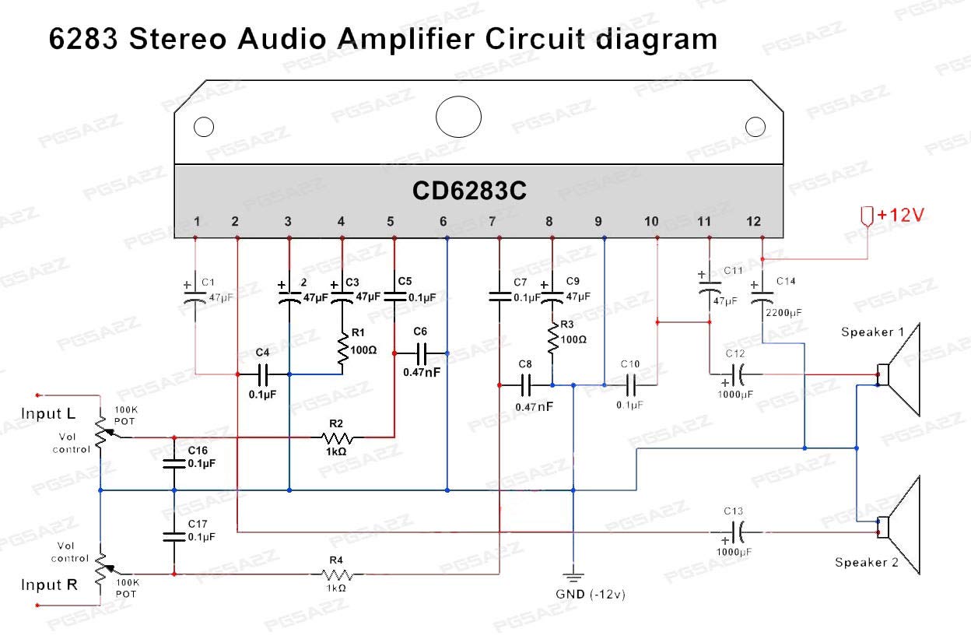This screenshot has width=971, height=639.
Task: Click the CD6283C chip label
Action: [469, 191]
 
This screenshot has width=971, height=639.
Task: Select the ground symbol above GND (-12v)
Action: [573, 577]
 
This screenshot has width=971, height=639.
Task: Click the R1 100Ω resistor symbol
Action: [342, 349]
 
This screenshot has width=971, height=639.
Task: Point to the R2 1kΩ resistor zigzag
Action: [336, 437]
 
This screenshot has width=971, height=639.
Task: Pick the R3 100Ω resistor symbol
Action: [552, 339]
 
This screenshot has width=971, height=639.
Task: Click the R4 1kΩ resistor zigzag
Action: [336, 575]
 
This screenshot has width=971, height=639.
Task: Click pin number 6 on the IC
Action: [443, 222]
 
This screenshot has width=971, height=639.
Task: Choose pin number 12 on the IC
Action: [753, 222]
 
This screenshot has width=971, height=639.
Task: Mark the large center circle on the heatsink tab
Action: [459, 118]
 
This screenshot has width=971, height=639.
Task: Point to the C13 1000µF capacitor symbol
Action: [738, 532]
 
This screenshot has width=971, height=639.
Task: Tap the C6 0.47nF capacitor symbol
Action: [422, 354]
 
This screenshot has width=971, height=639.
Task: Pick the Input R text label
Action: [49, 585]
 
